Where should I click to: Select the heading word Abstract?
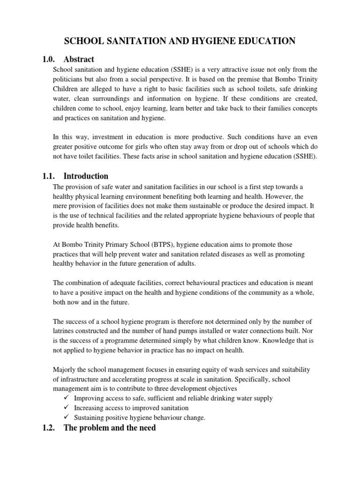79,59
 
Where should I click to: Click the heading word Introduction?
86,176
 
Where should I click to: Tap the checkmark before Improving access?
67,398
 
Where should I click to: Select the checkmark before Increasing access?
67,408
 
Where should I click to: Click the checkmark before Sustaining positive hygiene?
67,418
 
